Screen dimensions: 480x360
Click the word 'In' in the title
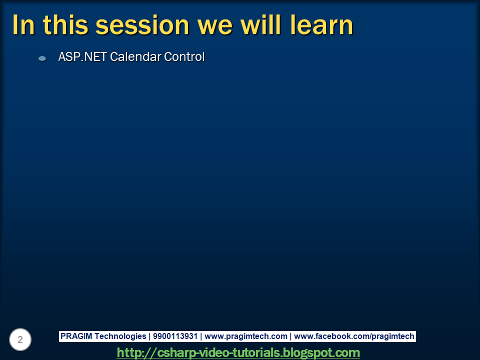click(x=23, y=25)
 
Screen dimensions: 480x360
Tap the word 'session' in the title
click(x=142, y=25)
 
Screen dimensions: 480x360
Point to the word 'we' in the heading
click(x=215, y=27)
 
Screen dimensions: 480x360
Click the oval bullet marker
click(x=42, y=58)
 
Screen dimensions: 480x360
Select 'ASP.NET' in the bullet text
click(x=82, y=57)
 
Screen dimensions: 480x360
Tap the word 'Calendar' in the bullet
click(x=135, y=57)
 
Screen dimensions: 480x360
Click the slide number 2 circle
click(x=20, y=339)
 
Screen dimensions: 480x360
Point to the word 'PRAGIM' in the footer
click(x=76, y=336)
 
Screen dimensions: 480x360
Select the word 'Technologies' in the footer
click(x=120, y=336)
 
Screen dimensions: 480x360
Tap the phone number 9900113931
click(x=175, y=336)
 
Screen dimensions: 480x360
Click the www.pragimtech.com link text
click(x=246, y=336)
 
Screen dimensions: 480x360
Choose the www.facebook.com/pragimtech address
click(x=354, y=336)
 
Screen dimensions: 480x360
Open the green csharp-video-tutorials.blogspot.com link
click(x=238, y=352)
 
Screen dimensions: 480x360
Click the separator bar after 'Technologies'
click(x=149, y=336)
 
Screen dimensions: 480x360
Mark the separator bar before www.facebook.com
click(x=290, y=336)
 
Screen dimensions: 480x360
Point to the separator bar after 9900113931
click(x=201, y=336)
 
